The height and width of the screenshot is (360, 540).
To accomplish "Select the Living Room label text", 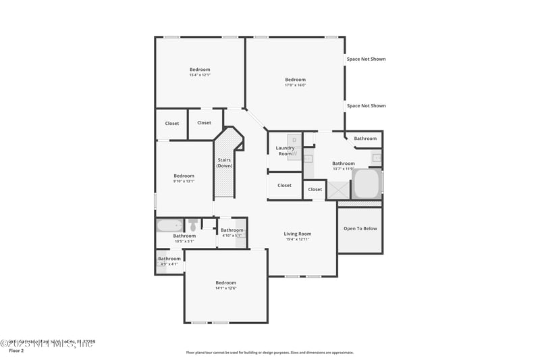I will click(x=297, y=234).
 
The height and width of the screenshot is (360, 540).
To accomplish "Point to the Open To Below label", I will click(x=360, y=228).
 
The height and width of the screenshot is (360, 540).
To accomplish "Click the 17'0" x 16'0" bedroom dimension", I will click(x=295, y=85).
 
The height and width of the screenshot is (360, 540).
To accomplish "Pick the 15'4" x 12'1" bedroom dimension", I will click(x=199, y=75).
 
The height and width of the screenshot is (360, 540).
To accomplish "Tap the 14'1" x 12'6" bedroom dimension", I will click(x=225, y=288).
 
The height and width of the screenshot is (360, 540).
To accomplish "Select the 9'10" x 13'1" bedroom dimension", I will click(x=184, y=181).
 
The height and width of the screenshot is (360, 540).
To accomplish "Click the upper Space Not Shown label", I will click(x=366, y=59).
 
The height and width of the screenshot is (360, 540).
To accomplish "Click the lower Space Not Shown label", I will click(x=366, y=105).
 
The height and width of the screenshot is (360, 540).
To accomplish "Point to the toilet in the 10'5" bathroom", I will click(x=193, y=225).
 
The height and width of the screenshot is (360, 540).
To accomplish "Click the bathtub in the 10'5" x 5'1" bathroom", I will click(x=169, y=225).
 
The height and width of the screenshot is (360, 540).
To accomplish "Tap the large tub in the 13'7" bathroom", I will click(x=367, y=183).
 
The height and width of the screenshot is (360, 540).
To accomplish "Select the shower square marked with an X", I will click(x=337, y=191).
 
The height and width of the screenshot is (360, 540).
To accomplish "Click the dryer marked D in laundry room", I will click(x=294, y=140).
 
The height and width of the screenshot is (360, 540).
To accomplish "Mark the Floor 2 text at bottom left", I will click(x=16, y=351).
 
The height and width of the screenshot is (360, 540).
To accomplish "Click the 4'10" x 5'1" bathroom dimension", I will click(x=232, y=236).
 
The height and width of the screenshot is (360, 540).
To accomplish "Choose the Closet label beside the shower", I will click(x=315, y=190).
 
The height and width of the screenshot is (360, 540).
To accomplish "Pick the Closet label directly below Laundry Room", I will click(x=284, y=185).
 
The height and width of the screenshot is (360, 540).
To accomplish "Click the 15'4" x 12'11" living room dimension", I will click(x=297, y=240).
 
